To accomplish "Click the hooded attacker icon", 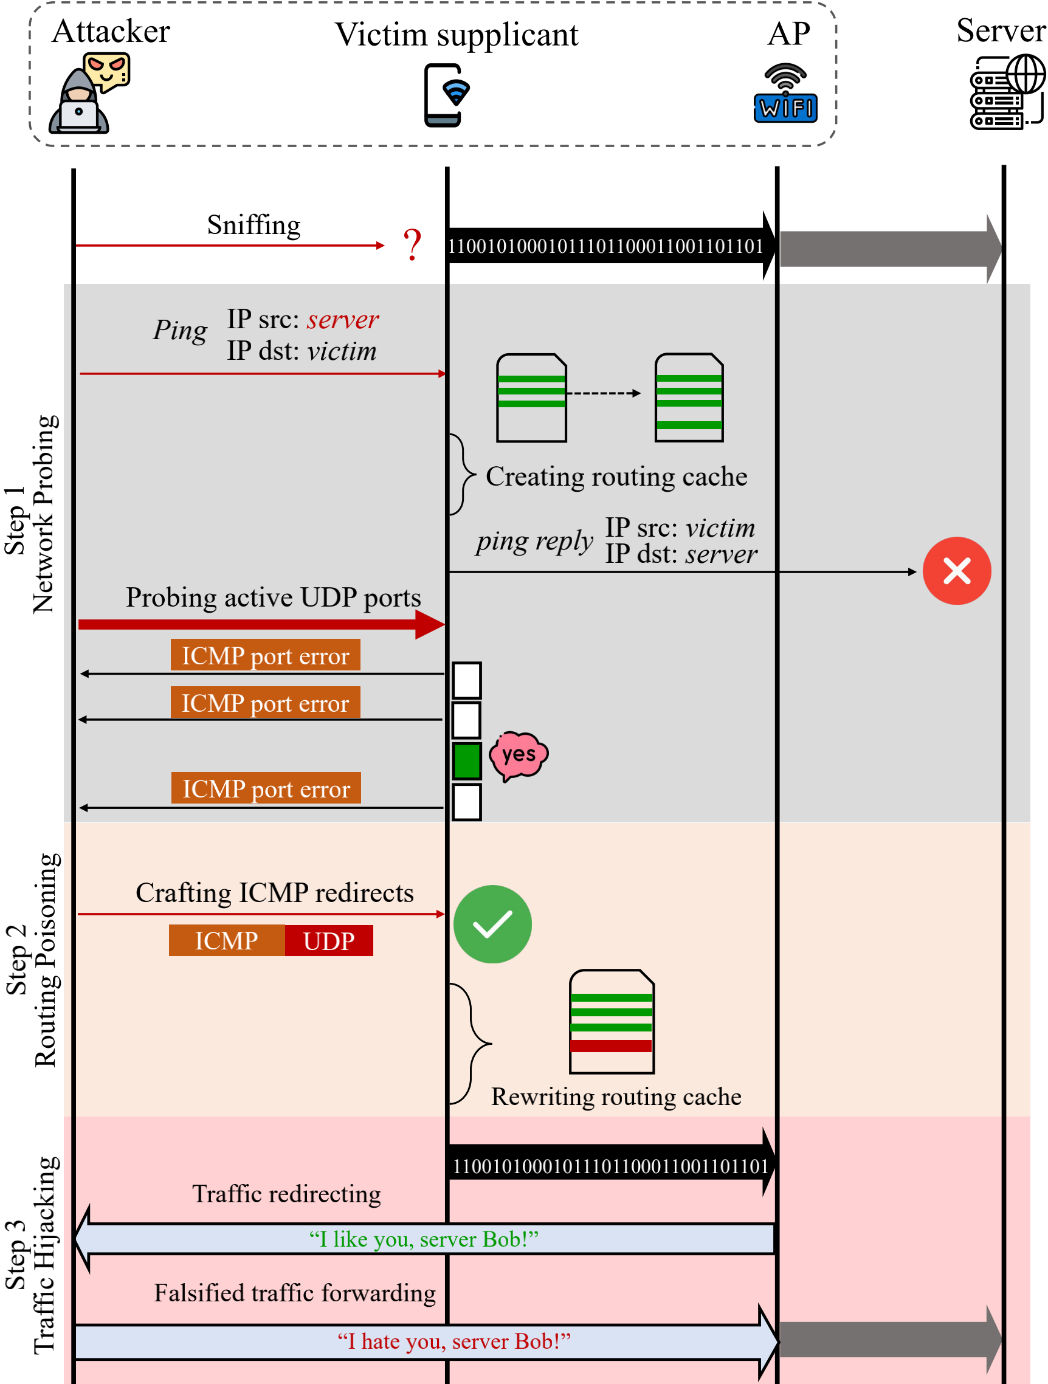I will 80,100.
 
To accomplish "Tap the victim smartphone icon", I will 445,95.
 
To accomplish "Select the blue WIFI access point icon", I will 785,94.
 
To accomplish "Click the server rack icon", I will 1005,92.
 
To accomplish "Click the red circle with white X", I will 956,571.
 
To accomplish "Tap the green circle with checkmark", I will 492,924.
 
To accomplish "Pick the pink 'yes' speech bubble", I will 518,756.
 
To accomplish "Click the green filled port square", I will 467,761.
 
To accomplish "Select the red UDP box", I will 328,940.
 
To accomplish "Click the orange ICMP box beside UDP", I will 227,940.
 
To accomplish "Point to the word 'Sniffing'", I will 253,226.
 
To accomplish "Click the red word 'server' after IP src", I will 342,320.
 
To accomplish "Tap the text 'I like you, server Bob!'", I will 424,1239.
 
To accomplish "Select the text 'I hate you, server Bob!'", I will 453,1341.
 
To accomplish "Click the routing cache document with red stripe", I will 612,1021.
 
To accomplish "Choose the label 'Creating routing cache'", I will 616,477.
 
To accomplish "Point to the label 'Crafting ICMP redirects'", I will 275,893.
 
